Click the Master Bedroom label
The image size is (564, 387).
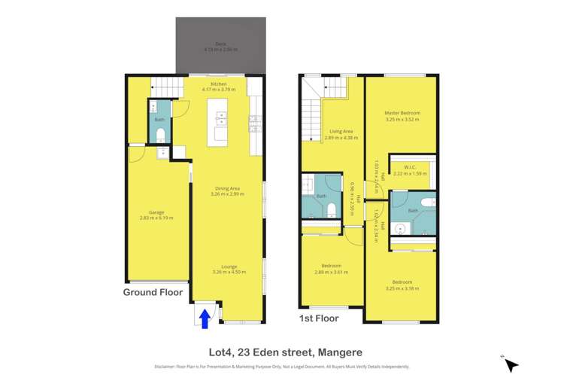pyautogui.click(x=402, y=113)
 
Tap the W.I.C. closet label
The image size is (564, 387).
pyautogui.click(x=409, y=168)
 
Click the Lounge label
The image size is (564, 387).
pyautogui.click(x=228, y=266)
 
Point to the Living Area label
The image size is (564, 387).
pyautogui.click(x=332, y=132)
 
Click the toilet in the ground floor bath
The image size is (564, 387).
pyautogui.click(x=159, y=135)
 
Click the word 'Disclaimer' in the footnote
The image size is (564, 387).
pyautogui.click(x=166, y=367)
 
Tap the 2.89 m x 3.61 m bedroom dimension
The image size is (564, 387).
pyautogui.click(x=332, y=271)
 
